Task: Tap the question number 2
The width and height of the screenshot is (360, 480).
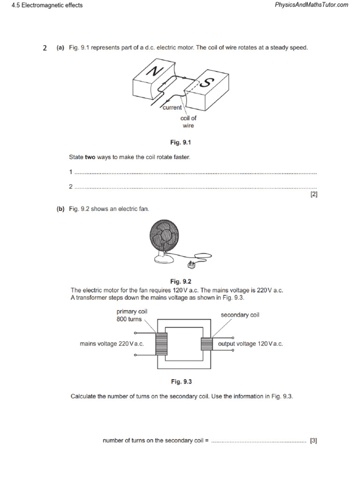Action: tap(45, 48)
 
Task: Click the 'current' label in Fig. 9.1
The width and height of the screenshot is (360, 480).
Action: tap(172, 108)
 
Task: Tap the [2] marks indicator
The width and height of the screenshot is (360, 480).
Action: tap(314, 194)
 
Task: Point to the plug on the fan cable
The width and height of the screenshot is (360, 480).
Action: tap(192, 266)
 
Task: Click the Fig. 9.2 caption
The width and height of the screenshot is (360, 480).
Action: tap(181, 282)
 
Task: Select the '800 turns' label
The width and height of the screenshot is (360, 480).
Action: tap(129, 319)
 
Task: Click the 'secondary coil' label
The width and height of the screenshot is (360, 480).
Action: tap(240, 315)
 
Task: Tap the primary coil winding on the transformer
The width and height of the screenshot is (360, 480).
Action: tap(162, 344)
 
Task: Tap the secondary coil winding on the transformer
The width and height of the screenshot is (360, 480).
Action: tap(207, 344)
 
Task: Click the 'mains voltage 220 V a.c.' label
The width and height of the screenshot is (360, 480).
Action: tap(112, 344)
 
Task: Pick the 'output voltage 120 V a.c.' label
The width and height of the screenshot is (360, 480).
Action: tap(250, 344)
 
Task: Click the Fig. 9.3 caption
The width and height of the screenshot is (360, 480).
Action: tap(181, 382)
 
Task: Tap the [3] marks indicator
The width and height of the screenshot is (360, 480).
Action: tap(314, 441)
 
